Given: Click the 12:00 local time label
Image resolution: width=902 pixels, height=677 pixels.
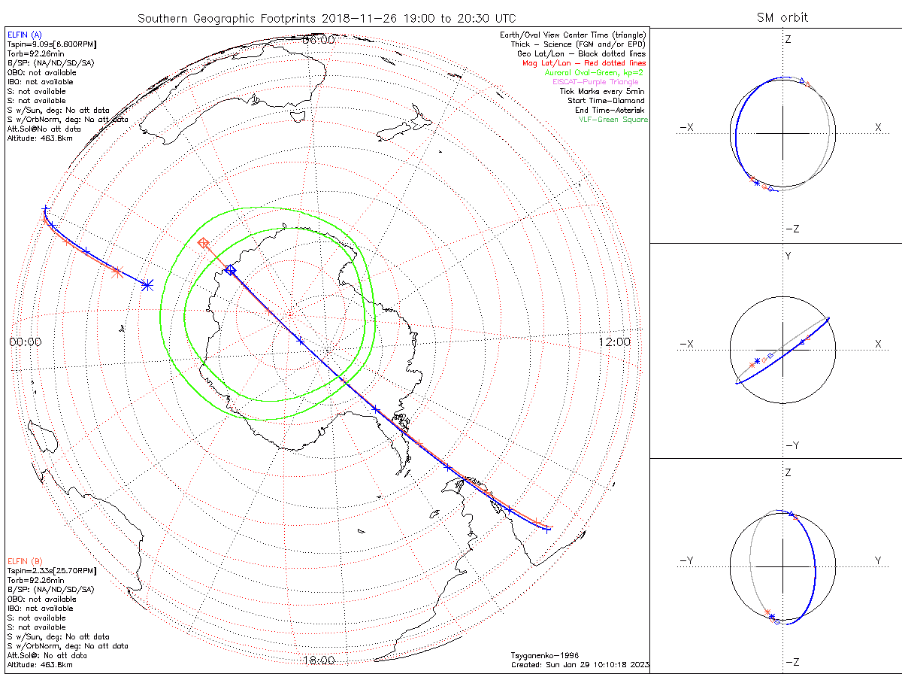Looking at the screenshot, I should pos(614,342).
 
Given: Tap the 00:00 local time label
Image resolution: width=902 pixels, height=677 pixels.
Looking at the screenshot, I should pos(26,342).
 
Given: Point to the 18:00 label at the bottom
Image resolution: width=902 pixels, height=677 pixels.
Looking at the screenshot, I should pos(318,660).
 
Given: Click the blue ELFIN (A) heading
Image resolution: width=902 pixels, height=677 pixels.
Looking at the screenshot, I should pos(24,35).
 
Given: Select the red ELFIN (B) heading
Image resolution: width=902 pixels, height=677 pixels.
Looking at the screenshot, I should pos(25,561).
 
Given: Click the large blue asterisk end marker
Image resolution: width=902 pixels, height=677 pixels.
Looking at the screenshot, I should pos(147,285).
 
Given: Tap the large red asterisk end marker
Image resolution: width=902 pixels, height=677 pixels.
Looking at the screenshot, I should pos(117,272).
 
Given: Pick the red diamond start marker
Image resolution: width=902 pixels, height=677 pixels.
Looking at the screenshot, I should pos(203,243).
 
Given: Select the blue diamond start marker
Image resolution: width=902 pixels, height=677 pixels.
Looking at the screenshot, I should pos(231,270).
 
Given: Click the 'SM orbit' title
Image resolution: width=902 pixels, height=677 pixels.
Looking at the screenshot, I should pos(782,17).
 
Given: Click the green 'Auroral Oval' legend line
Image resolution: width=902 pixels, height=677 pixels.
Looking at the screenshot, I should pos(594,72).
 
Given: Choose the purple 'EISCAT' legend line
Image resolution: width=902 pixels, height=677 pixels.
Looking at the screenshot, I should pos(600,81).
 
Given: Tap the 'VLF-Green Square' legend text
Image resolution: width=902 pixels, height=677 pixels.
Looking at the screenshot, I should pos(612,120).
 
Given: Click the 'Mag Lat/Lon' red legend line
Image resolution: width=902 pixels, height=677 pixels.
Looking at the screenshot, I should pos(594,63).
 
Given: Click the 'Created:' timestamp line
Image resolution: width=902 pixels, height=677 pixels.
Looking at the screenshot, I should pos(580,665).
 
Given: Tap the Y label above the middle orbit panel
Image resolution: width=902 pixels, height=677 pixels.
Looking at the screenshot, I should pos(788,256).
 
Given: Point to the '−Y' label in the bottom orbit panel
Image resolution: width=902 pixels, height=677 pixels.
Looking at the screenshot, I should pos(686,560).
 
